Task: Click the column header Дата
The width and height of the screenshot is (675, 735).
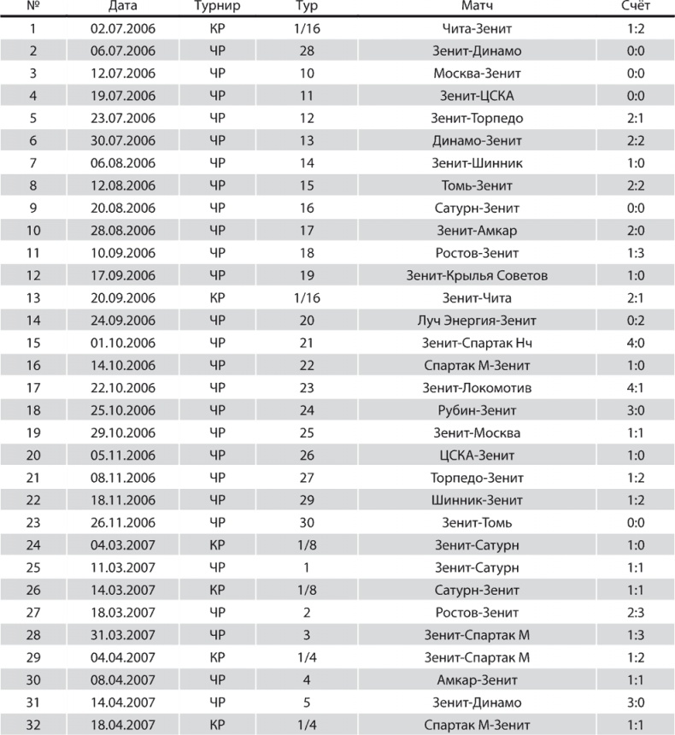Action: coord(123,7)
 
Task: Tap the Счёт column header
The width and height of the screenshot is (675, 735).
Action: coord(635,7)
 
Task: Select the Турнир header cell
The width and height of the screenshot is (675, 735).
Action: coord(217,7)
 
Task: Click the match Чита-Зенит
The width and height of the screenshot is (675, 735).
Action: coord(477,29)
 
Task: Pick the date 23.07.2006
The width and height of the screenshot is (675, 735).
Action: coord(123,119)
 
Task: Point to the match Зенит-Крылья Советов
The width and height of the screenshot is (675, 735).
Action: coord(477,276)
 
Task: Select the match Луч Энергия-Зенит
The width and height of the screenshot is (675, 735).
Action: coord(477,320)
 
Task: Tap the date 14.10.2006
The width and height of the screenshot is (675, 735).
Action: coord(123,366)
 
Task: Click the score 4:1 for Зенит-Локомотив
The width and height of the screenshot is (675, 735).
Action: coord(635,388)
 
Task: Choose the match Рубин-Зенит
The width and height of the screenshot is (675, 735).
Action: coord(477,410)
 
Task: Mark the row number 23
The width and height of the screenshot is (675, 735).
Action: coord(33,522)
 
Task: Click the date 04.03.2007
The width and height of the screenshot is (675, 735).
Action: coord(123,545)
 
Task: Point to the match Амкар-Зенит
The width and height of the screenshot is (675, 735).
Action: coord(477,679)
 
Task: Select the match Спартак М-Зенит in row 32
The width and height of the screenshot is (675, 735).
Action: coord(477,725)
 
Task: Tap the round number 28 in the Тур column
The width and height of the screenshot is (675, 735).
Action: coord(307,51)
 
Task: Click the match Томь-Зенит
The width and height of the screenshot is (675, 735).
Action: coord(477,186)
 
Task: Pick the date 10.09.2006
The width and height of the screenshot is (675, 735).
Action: coord(123,254)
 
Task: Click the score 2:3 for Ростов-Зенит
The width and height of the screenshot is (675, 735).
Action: coord(635,612)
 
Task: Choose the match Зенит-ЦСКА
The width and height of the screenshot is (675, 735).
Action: coord(477,97)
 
